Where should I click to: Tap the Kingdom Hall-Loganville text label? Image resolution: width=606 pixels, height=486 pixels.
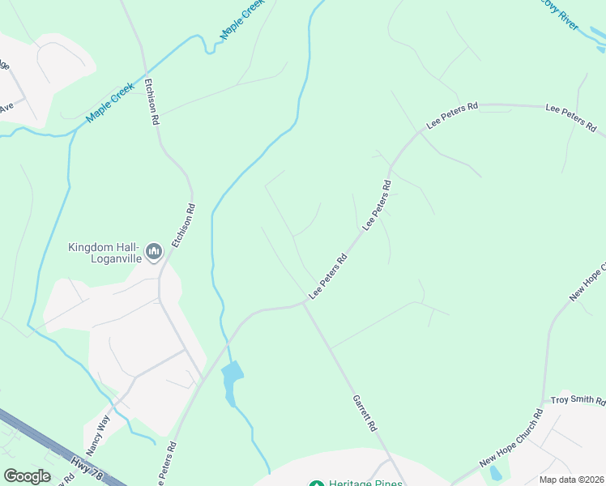tap(105, 253)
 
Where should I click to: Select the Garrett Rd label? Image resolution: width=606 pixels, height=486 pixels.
tap(365, 412)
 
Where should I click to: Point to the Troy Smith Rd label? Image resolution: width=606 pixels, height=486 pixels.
tap(578, 401)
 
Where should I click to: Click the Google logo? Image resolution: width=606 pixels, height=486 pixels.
tap(27, 476)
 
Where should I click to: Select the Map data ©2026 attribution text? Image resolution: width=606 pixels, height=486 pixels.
tap(572, 480)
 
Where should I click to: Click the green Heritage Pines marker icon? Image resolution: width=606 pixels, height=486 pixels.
tap(317, 485)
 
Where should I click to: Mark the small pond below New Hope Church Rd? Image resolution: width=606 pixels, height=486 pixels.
tap(495, 473)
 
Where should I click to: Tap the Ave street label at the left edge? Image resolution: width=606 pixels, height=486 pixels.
tap(6, 105)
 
